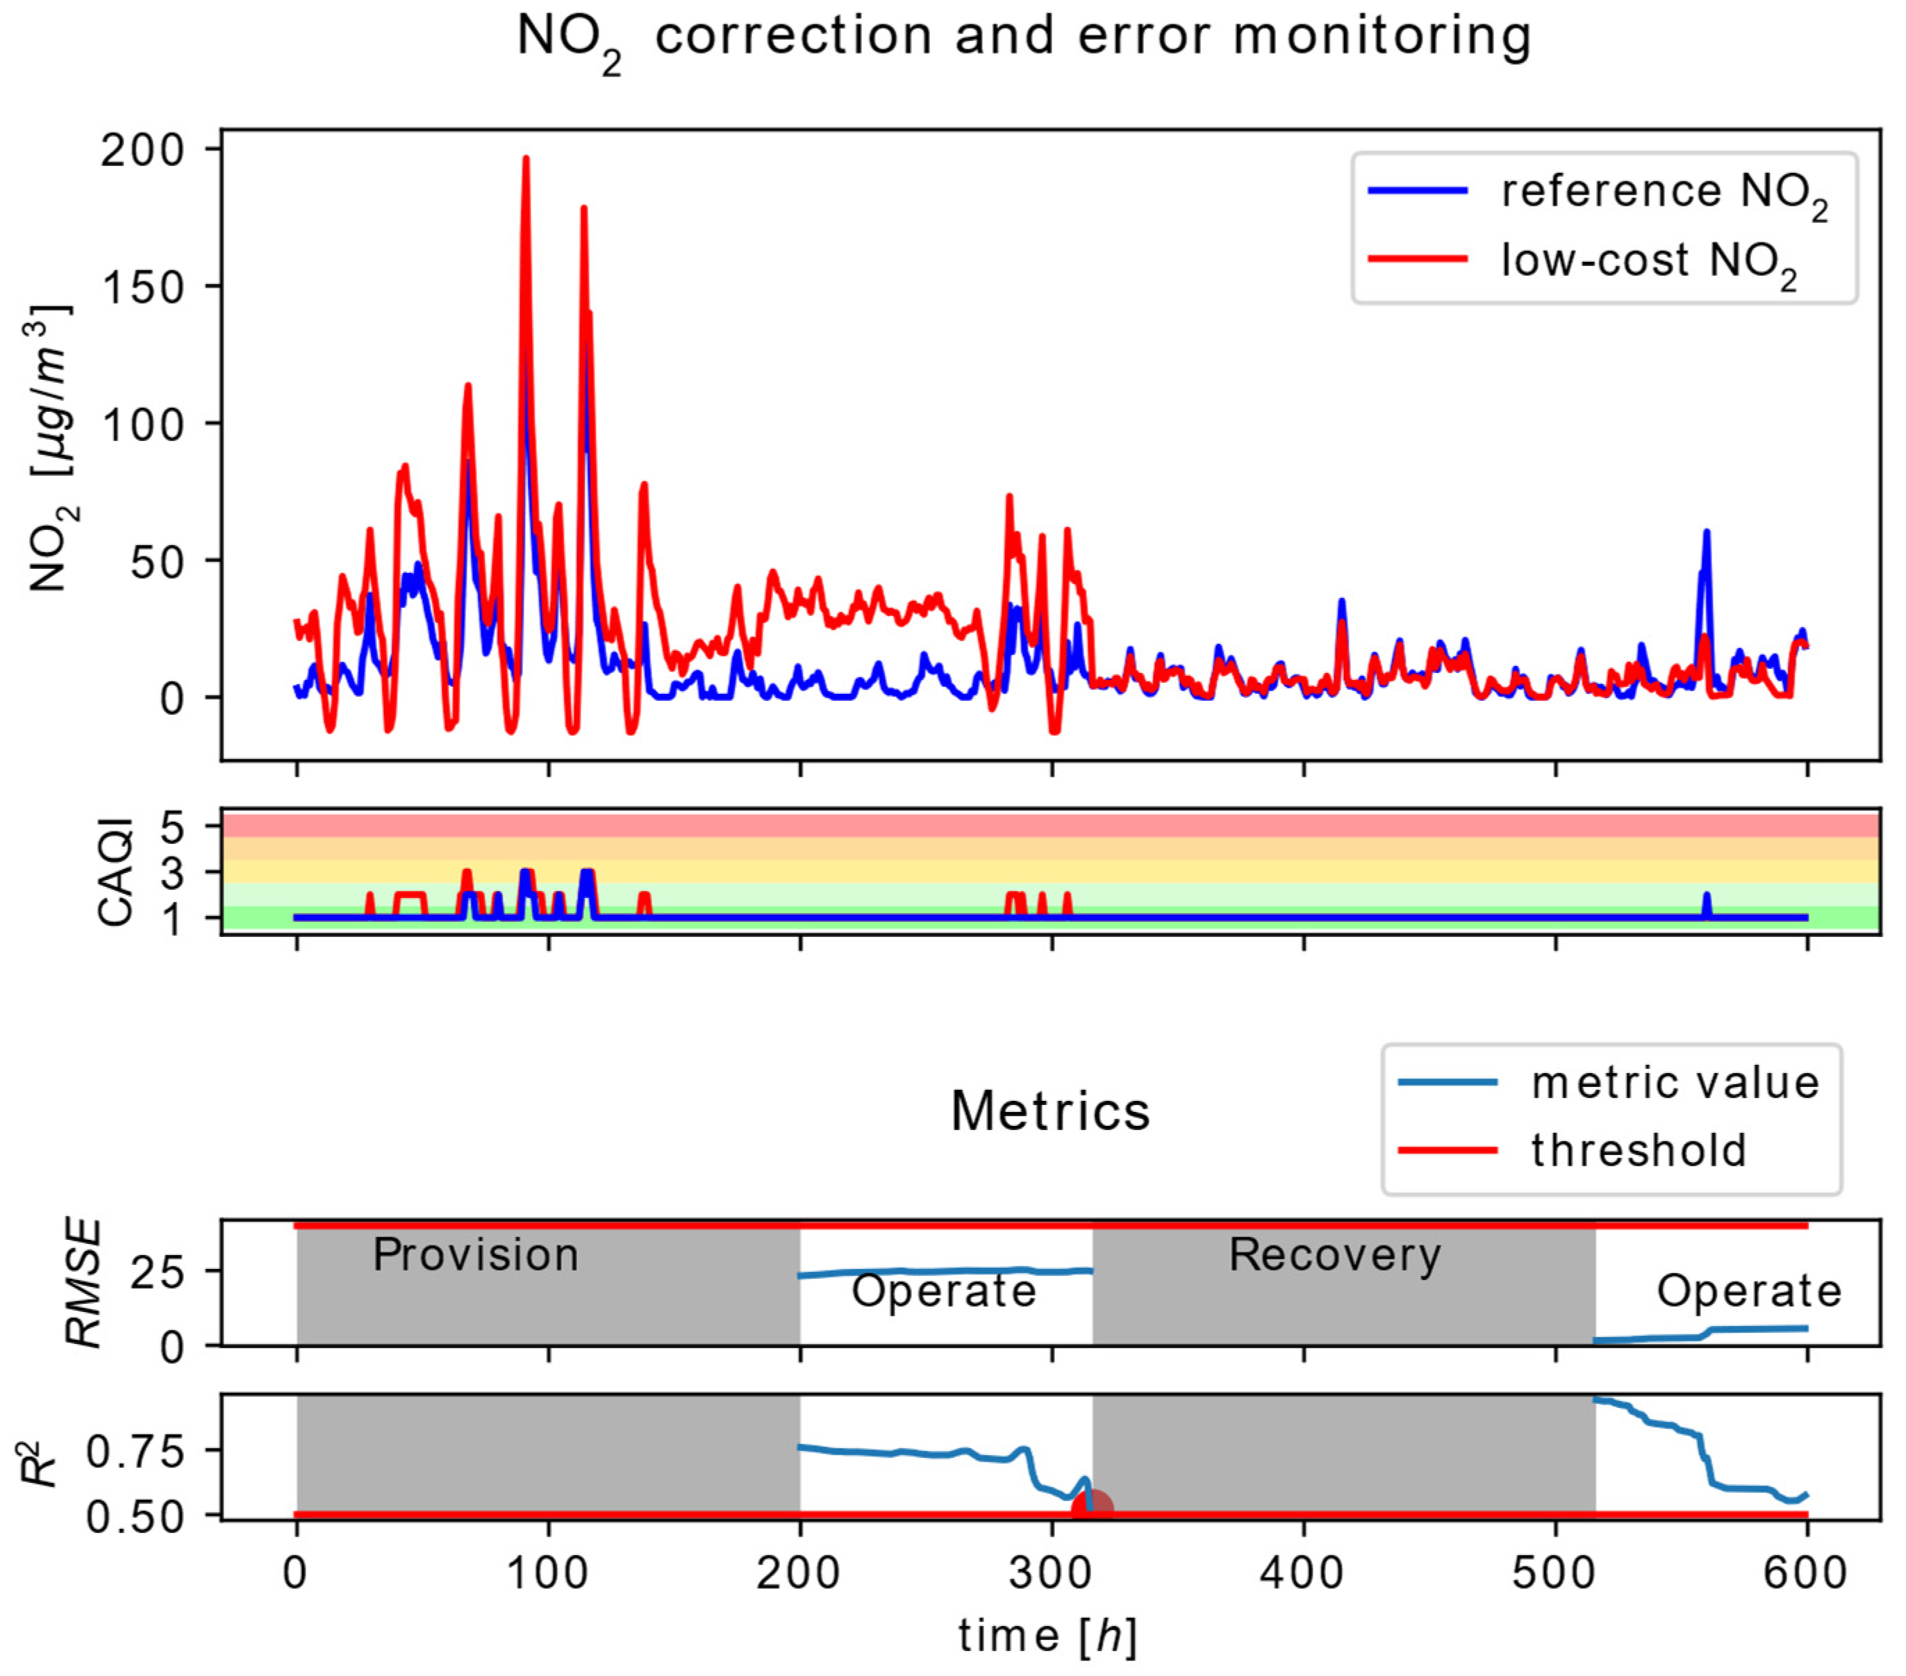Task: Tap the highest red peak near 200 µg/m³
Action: click(x=526, y=160)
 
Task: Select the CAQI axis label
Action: click(x=117, y=872)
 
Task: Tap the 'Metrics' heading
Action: click(x=1050, y=1112)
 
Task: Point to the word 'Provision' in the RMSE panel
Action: click(x=476, y=1255)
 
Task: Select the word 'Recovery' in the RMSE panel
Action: click(x=1334, y=1255)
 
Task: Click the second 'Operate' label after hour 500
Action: click(x=1748, y=1292)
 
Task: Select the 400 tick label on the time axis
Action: click(x=1302, y=1573)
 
